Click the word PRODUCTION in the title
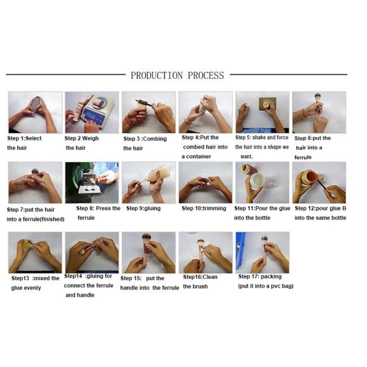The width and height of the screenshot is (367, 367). (157, 75)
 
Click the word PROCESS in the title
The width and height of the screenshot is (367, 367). (206, 75)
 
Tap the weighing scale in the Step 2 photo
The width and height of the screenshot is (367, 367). (98, 109)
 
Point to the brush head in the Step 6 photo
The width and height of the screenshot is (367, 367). (317, 97)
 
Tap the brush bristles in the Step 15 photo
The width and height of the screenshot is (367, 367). (147, 238)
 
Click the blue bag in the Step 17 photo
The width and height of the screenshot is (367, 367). (240, 250)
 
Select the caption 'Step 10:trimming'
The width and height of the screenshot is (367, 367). (204, 209)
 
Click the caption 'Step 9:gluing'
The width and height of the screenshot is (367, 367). (143, 209)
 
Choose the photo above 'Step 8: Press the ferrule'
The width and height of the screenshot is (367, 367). (92, 182)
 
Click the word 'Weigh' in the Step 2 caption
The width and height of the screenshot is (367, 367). (91, 138)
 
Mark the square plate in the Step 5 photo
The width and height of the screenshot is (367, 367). (267, 104)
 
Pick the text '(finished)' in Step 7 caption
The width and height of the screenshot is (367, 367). (53, 220)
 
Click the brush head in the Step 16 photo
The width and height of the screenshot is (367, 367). (201, 242)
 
